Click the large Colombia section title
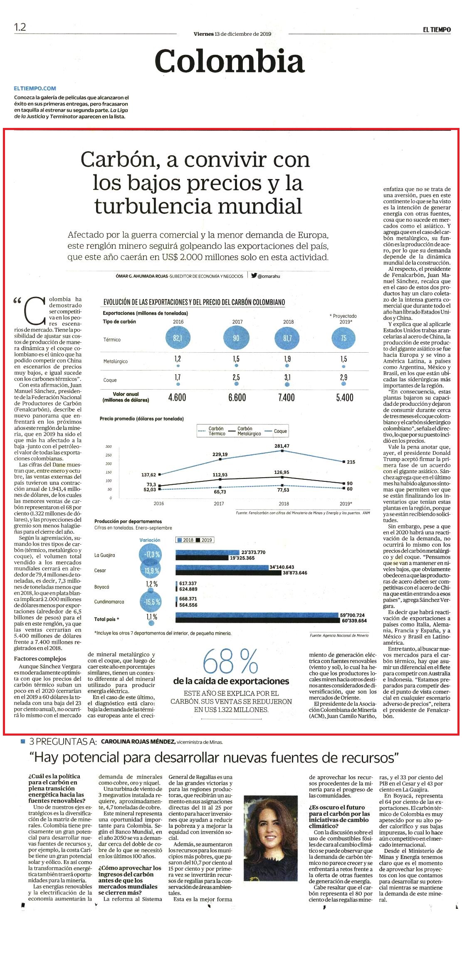tap(230, 61)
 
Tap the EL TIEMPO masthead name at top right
tap(437, 29)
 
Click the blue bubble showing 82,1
tap(178, 338)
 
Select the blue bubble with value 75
tap(343, 338)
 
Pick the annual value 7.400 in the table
tap(287, 397)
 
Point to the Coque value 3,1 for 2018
tap(287, 378)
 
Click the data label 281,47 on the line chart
tap(282, 446)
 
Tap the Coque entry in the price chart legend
tap(280, 431)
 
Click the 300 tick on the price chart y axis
tap(109, 447)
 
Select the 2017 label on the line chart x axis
tap(219, 503)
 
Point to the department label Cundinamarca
tap(109, 601)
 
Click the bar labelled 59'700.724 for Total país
tap(257, 615)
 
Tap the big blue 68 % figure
tap(230, 662)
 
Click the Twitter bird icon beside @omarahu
tap(254, 275)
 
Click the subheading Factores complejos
tap(40, 658)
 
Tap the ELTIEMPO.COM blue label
tap(35, 88)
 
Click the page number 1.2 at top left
tap(20, 27)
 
